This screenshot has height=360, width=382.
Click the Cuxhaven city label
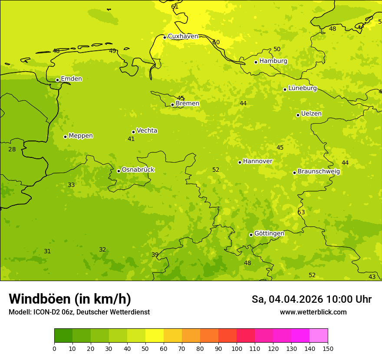pos(183,36)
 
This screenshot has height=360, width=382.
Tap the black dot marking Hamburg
pos(256,62)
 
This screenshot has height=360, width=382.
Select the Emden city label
pos(71,79)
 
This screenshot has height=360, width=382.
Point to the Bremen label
pos(188,104)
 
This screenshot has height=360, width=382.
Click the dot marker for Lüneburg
pos(285,89)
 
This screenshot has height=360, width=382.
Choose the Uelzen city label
pos(311,114)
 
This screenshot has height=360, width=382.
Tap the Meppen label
pos(81,136)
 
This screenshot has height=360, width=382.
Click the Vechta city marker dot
pos(133,132)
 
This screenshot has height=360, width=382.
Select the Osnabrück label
pos(138,170)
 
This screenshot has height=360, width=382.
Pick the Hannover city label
pos(257,161)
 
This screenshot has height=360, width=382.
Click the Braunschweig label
pos(319,172)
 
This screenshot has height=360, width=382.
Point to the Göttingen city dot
pos(251,235)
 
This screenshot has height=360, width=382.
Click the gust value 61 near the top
pos(175,7)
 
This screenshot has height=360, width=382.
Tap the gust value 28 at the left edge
pos(12,149)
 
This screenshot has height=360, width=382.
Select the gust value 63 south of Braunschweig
pos(301,212)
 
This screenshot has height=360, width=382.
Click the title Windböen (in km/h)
pos(70,299)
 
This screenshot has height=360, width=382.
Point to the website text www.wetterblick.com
pos(313,312)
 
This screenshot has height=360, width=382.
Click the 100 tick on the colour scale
pos(237,348)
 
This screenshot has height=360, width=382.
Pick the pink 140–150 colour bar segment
pos(319,335)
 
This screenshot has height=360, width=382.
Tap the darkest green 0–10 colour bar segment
pos(63,335)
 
